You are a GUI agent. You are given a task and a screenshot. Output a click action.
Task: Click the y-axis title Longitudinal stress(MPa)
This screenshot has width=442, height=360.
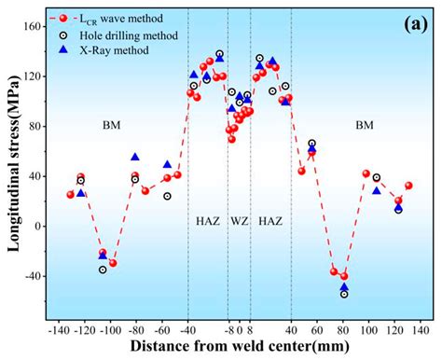pyautogui.click(x=13, y=163)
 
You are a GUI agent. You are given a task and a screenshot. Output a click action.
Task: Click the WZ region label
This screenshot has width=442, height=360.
pyautogui.click(x=239, y=221)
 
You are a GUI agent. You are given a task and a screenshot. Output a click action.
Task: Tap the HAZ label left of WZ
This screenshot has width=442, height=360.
pyautogui.click(x=208, y=221)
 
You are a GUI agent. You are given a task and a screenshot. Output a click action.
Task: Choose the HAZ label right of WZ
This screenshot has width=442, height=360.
pyautogui.click(x=270, y=221)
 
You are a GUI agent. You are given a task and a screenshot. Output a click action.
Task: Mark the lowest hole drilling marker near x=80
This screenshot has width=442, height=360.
pyautogui.click(x=344, y=294)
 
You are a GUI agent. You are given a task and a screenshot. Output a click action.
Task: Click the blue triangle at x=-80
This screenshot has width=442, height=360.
pyautogui.click(x=135, y=158)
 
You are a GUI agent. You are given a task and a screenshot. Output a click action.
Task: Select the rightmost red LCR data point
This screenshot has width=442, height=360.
pyautogui.click(x=408, y=186)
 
